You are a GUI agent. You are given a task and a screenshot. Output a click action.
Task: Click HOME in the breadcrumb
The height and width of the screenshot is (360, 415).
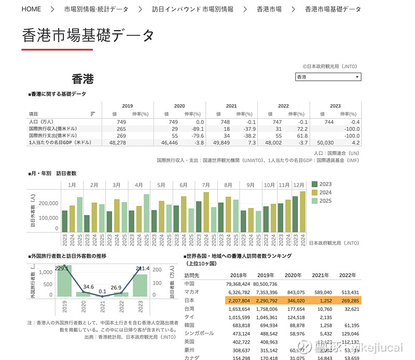(x=31, y=9)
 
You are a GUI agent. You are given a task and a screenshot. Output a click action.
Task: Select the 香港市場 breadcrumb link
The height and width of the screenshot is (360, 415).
(x=269, y=9)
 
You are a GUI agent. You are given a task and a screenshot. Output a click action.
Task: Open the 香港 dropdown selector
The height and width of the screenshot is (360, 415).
(x=328, y=77)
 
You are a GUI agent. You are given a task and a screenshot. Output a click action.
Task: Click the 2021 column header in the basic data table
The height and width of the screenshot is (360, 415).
(x=231, y=106)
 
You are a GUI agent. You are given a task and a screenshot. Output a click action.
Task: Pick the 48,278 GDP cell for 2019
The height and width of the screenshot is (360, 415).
(x=118, y=142)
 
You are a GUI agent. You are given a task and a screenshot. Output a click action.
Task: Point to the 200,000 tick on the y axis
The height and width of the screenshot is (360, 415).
(x=48, y=204)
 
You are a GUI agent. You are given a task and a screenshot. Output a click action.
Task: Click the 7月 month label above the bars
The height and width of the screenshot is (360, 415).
(x=205, y=185)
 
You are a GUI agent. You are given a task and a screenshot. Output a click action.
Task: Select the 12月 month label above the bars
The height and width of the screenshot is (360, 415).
(x=298, y=185)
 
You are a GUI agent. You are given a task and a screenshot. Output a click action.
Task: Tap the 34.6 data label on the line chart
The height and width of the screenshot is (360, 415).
(x=88, y=287)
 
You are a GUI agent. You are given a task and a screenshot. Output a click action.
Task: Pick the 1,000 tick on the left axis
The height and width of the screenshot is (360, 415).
(x=46, y=272)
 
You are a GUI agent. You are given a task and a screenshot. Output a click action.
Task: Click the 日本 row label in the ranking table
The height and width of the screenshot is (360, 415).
(x=189, y=300)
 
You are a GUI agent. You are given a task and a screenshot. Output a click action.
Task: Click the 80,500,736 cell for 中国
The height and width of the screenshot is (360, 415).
(x=266, y=284)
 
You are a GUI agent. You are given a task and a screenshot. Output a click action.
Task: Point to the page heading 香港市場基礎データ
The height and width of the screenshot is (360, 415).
(x=88, y=35)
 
